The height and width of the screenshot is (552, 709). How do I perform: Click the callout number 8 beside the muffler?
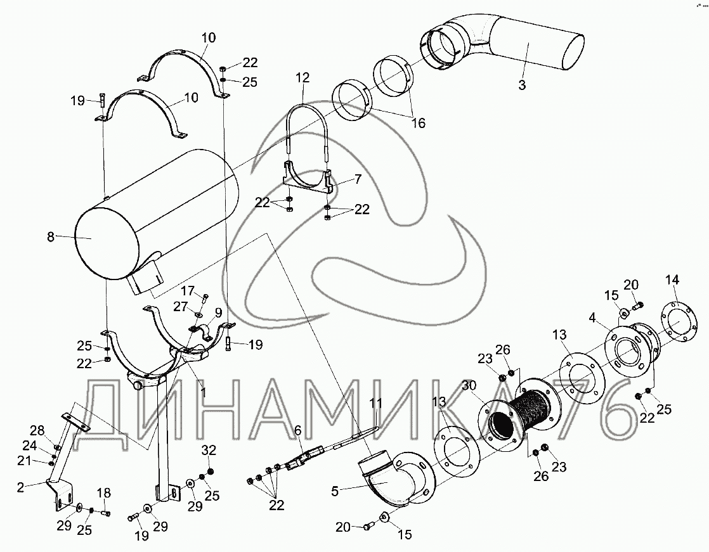click(51, 237)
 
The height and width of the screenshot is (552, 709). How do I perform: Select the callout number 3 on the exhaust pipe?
click(521, 86)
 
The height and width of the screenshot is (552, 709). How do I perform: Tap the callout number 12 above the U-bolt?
click(302, 78)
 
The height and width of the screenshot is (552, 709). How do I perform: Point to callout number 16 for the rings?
click(418, 123)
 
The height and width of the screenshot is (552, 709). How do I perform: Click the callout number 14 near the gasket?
click(672, 280)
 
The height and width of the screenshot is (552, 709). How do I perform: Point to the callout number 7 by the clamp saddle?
click(358, 179)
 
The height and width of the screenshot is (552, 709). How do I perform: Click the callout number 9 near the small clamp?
click(218, 312)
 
